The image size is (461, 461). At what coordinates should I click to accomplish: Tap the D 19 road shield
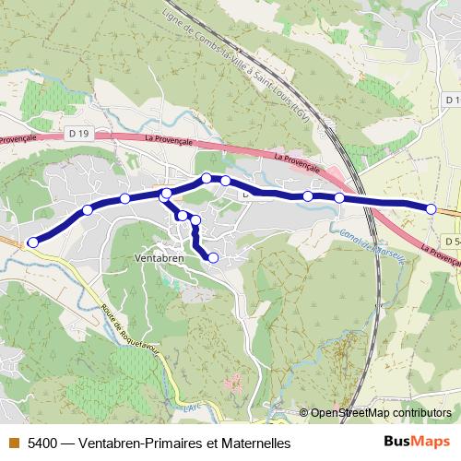pos(79,135)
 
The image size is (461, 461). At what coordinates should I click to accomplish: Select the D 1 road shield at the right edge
pos(451,99)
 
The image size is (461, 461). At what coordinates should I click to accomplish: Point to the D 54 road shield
pos(451,241)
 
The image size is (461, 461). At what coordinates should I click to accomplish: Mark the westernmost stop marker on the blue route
pos(33,242)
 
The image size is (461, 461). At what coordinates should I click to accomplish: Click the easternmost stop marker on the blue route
pos(431,209)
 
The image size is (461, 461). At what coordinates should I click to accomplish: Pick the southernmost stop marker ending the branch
pos(213,258)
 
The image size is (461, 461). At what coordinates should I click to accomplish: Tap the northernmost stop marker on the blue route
pos(207,178)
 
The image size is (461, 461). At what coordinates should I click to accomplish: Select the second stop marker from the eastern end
pos(339,198)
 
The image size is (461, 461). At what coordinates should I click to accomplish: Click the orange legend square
pos(13,443)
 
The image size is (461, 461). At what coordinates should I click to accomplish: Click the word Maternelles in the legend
pos(255,443)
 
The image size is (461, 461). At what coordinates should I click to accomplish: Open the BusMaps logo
pos(417,442)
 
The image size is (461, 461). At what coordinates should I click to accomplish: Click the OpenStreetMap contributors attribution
pos(381,413)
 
